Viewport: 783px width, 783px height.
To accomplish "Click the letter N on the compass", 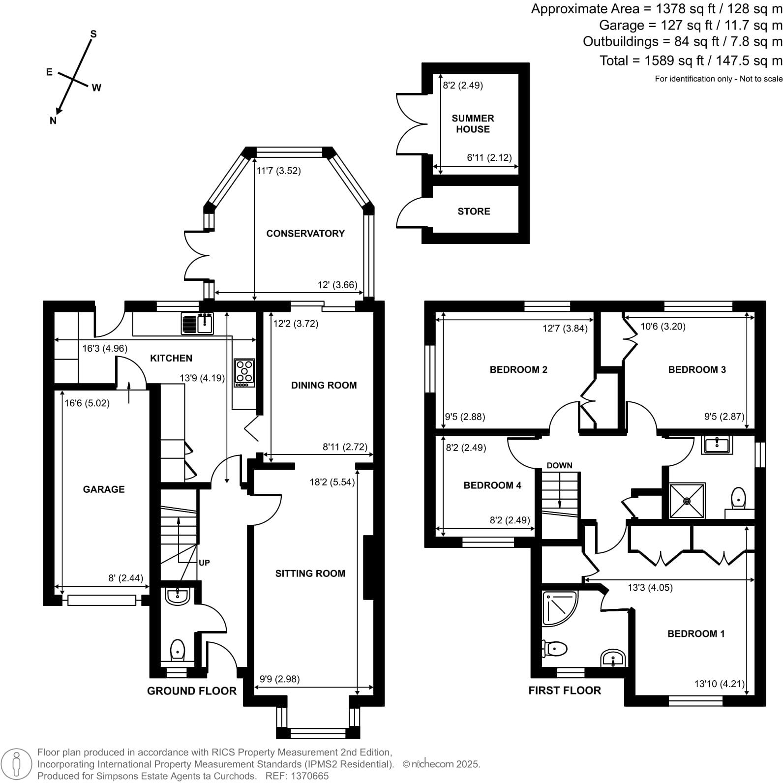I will (53, 120).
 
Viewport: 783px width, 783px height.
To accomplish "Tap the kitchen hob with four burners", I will (244, 372).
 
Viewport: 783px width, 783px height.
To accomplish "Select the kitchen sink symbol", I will (197, 324).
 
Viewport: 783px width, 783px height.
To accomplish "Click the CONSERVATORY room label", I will (305, 234).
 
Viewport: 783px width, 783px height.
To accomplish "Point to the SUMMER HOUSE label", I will (473, 123).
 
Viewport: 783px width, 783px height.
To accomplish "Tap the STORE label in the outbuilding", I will (474, 211).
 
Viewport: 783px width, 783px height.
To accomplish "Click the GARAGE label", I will (104, 489).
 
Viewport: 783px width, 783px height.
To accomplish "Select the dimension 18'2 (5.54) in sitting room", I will (332, 482).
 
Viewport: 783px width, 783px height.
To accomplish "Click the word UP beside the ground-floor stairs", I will (204, 563).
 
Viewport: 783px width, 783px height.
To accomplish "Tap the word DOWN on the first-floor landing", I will (559, 465).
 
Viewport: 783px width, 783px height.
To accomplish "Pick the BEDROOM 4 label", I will (492, 485).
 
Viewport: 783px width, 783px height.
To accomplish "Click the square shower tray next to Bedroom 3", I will (687, 501).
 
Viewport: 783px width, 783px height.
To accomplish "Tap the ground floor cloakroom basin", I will (177, 596).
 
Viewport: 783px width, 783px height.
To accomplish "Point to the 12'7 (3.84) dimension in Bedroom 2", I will (565, 328).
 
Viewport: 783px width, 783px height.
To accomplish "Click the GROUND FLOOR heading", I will (192, 691).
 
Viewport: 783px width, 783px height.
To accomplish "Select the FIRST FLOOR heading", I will (565, 691).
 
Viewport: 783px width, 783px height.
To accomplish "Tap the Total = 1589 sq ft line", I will (691, 61).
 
